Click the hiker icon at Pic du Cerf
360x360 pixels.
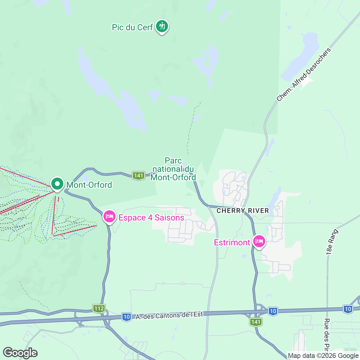pyautogui.click(x=162, y=26)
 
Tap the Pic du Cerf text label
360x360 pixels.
pyautogui.click(x=132, y=27)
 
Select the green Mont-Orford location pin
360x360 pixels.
pyautogui.click(x=57, y=184)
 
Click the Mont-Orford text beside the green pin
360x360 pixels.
pyautogui.click(x=89, y=185)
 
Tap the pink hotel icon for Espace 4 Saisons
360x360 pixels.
pyautogui.click(x=109, y=216)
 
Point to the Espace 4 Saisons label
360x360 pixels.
pyautogui.click(x=151, y=217)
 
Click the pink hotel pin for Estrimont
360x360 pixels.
pyautogui.click(x=259, y=241)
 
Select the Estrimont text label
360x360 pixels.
pyautogui.click(x=232, y=242)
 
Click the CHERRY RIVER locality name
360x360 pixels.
pyautogui.click(x=243, y=211)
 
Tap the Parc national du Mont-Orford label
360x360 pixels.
pyautogui.click(x=173, y=169)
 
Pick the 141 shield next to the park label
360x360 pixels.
pyautogui.click(x=139, y=175)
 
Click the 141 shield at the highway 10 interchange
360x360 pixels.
pyautogui.click(x=256, y=322)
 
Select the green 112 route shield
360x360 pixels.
pyautogui.click(x=99, y=308)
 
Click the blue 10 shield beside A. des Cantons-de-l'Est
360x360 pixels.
pyautogui.click(x=127, y=317)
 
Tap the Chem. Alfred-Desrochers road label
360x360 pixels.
pyautogui.click(x=303, y=74)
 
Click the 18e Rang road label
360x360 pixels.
pyautogui.click(x=332, y=242)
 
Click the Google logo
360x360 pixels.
pyautogui.click(x=20, y=353)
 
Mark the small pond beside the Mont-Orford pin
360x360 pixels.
pyautogui.click(x=85, y=179)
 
